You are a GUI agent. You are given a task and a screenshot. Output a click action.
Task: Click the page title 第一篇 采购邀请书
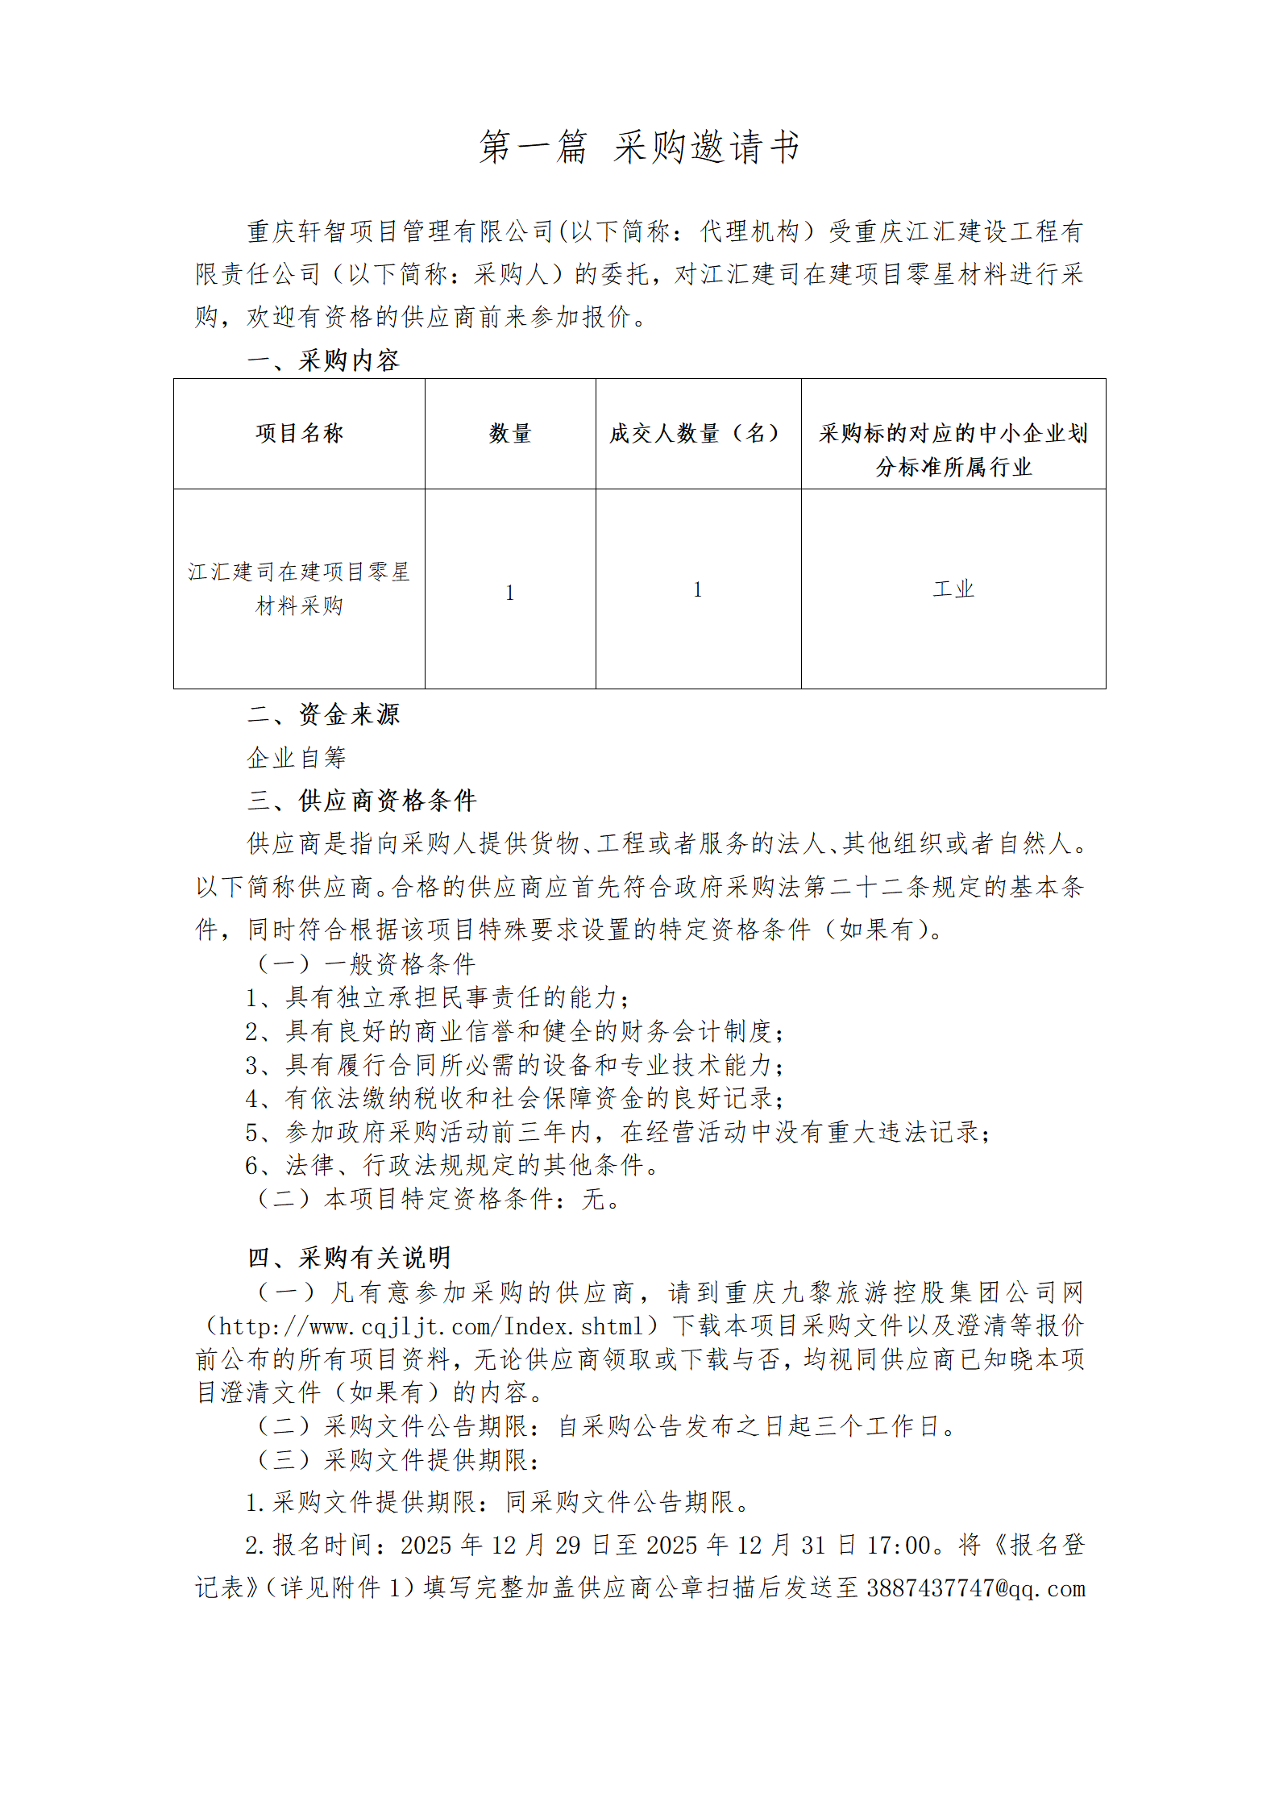click(x=639, y=147)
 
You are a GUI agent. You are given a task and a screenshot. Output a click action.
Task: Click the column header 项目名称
click(x=299, y=434)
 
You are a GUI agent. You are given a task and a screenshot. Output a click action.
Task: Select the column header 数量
click(x=510, y=434)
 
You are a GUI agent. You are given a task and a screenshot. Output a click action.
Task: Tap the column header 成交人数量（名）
click(x=698, y=434)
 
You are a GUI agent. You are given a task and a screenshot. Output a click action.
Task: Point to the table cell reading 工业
click(x=953, y=589)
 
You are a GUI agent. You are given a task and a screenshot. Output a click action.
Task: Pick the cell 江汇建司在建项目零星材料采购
click(x=299, y=589)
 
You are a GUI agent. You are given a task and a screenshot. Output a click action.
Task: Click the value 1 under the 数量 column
click(x=510, y=593)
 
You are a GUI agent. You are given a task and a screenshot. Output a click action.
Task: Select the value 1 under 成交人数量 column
click(x=698, y=590)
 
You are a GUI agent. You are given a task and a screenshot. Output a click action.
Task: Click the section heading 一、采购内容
click(x=324, y=360)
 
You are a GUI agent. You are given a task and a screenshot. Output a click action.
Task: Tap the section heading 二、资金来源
click(x=324, y=714)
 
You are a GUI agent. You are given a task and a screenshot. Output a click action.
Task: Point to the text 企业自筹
click(x=297, y=758)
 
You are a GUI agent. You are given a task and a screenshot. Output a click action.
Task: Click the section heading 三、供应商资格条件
click(x=363, y=801)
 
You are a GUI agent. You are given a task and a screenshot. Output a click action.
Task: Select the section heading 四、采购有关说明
click(x=349, y=1258)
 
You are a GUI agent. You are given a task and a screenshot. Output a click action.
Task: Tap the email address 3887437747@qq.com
click(x=976, y=1588)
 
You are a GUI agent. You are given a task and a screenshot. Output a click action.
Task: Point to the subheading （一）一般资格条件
click(x=365, y=964)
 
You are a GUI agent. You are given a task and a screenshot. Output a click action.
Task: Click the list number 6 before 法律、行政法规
click(x=252, y=1166)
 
